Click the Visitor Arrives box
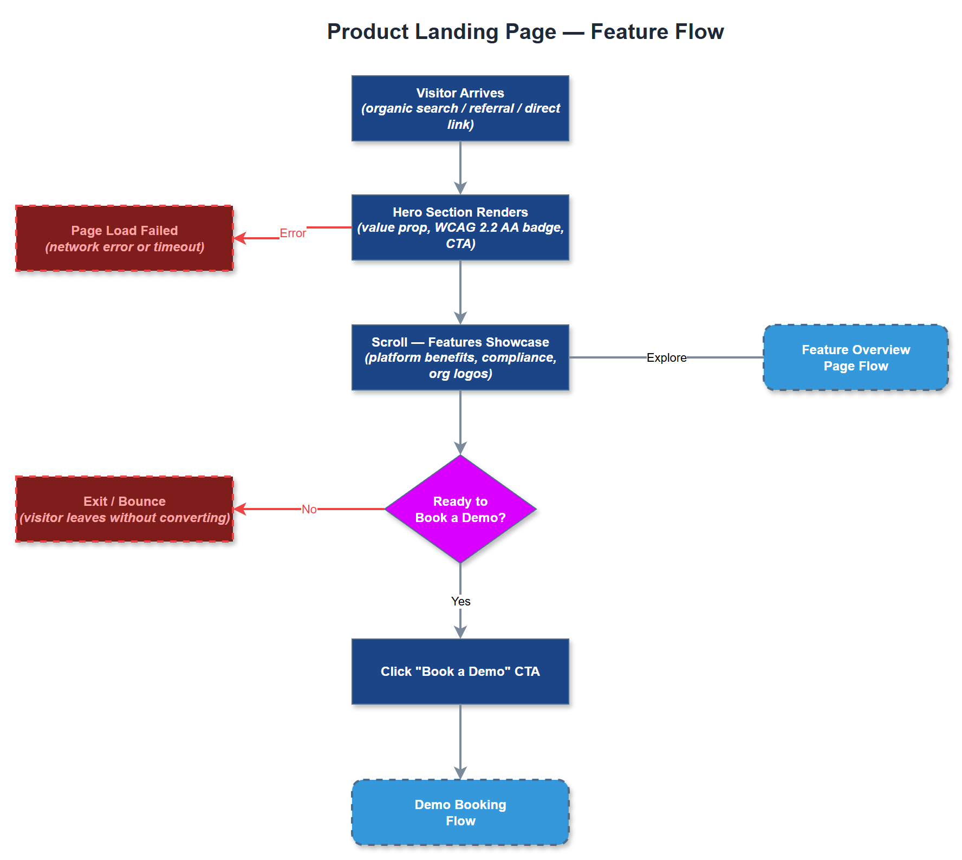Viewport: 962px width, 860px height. pos(460,108)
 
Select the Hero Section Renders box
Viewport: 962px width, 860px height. pos(460,227)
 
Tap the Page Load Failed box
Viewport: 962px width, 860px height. pos(125,238)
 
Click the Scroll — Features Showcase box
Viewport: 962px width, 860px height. pos(460,357)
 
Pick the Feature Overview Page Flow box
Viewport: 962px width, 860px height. pos(855,357)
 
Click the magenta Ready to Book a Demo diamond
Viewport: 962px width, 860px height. pos(460,509)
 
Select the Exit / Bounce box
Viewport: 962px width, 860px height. pos(125,509)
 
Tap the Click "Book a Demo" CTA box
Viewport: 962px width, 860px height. pos(460,672)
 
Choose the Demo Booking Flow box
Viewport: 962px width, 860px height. pos(460,812)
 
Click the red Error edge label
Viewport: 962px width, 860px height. pos(292,233)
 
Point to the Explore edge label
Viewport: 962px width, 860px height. pos(666,358)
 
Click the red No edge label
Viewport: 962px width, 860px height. pos(309,510)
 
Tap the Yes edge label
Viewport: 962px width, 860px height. pos(460,602)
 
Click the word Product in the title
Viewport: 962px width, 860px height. pos(368,32)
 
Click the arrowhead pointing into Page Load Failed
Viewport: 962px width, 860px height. pos(239,238)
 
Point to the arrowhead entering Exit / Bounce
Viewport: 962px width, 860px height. pos(239,509)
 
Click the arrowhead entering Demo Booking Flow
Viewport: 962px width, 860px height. pos(460,773)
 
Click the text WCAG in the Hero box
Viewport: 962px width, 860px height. pos(455,227)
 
